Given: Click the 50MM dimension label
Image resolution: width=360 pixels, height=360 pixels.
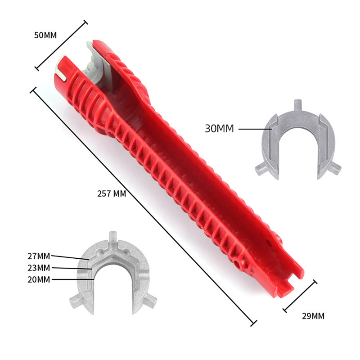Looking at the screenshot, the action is [45, 35].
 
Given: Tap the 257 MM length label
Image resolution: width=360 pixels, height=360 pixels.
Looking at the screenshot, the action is [112, 194].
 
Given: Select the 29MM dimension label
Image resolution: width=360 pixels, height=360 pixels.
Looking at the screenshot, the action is [313, 316].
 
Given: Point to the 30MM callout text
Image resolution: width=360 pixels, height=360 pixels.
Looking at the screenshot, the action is [219, 129].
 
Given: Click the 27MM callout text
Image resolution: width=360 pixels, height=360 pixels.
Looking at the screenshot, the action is [39, 256].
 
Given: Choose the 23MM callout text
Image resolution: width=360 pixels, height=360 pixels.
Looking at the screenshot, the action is [39, 268].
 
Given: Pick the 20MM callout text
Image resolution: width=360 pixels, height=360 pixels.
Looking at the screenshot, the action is [39, 279].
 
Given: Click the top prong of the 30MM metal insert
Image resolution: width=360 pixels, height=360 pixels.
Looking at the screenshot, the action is [298, 105].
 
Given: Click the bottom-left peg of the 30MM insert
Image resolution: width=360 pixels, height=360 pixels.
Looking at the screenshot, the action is [262, 168].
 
